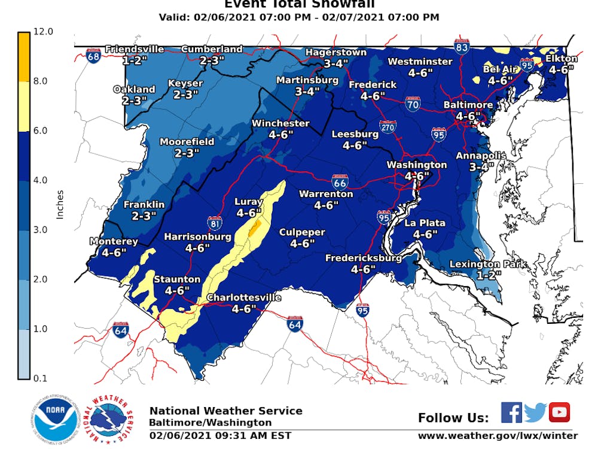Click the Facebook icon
[511, 412]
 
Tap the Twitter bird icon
[535, 412]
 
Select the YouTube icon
[559, 412]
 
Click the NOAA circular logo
[56, 419]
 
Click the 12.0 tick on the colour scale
[45, 31]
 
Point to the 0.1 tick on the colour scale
[45, 378]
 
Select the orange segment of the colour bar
[23, 56]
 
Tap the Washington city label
[416, 165]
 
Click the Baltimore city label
[468, 105]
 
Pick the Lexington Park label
[487, 264]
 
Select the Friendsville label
[135, 49]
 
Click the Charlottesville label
[243, 298]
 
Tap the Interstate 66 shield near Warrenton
[340, 180]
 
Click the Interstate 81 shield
[216, 223]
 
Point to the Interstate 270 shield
[388, 128]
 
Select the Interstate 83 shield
[461, 46]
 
